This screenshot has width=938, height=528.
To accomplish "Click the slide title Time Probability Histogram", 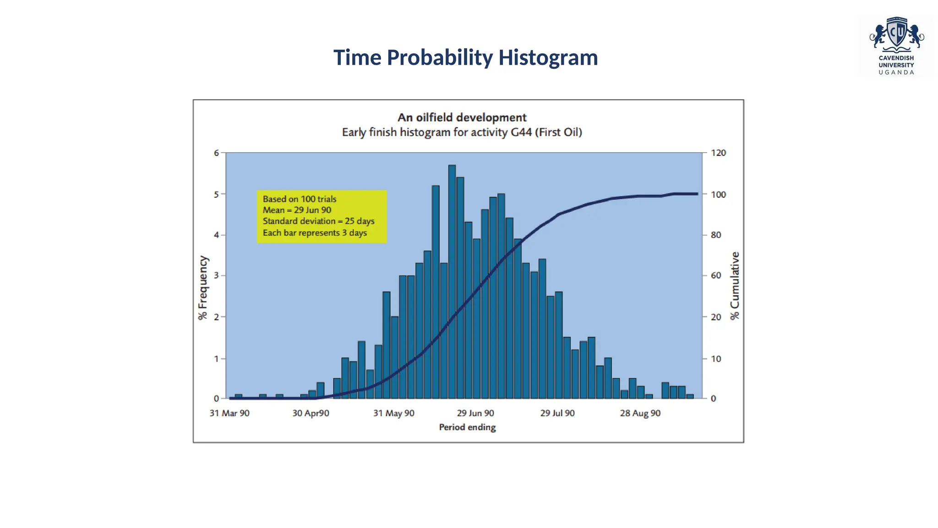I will click(465, 58).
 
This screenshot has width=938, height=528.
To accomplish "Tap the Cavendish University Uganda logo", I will click(896, 46).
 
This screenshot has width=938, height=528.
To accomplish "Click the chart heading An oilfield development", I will click(462, 118).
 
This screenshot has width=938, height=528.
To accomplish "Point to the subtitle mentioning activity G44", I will click(462, 132).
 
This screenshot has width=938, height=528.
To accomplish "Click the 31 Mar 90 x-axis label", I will click(229, 413).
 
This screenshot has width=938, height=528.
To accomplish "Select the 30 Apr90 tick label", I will click(311, 413).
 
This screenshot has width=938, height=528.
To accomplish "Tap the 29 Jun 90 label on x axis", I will click(475, 413).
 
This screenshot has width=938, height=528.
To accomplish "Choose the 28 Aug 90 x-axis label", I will click(640, 413).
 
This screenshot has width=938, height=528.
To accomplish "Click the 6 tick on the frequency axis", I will click(216, 153).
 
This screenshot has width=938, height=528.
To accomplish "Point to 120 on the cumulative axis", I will click(718, 153).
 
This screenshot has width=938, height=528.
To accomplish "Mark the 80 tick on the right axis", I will click(715, 235).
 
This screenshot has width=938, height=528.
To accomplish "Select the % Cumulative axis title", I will click(735, 286).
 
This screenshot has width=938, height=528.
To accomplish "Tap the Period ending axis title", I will click(467, 427).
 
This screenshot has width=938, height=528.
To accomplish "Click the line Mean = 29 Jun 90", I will click(297, 210).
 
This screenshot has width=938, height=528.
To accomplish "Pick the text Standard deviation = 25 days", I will click(318, 221).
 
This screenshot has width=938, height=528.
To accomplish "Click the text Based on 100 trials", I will click(300, 199).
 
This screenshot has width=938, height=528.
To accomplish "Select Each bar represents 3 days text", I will click(315, 233).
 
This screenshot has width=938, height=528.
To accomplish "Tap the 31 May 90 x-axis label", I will click(393, 413).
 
